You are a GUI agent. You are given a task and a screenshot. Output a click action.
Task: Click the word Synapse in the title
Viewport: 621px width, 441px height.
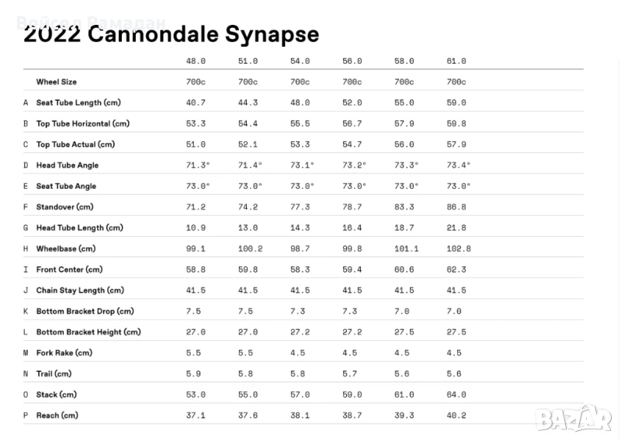[x=272, y=35]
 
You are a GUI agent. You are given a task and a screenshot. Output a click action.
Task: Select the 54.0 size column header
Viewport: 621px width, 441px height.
[x=300, y=61]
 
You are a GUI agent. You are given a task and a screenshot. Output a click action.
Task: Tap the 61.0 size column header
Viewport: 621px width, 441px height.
[x=456, y=61]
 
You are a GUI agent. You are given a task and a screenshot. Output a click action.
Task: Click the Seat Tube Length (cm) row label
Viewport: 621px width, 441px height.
[x=78, y=102]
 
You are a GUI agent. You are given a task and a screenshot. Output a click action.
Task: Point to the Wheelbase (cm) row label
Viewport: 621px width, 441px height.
[x=65, y=248]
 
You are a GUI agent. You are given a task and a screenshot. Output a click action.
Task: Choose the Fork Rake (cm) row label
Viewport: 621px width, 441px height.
[x=64, y=352]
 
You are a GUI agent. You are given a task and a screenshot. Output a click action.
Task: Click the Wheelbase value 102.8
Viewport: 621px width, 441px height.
[x=459, y=248]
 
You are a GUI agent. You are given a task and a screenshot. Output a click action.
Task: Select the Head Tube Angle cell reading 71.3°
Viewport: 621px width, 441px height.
[x=198, y=165]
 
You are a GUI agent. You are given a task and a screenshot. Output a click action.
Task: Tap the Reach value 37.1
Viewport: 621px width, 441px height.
[x=196, y=415]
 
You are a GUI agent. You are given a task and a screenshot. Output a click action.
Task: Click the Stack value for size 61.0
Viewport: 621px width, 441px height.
[x=456, y=394]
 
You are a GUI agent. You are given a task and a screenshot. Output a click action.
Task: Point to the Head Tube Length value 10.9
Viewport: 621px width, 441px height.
[x=196, y=227]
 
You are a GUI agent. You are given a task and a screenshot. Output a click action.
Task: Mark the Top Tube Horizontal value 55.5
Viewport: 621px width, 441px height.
[x=300, y=123]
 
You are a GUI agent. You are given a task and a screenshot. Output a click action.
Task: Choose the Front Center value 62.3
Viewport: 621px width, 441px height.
[x=456, y=269]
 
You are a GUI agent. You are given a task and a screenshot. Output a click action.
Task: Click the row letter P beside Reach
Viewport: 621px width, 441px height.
[x=26, y=415]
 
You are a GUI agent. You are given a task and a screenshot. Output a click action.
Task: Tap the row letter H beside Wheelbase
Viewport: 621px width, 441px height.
[x=26, y=248]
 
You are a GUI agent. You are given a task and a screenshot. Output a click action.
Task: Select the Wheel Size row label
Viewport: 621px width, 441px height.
[x=56, y=82]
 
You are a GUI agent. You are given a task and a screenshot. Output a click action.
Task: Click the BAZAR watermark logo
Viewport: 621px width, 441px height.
[x=573, y=419]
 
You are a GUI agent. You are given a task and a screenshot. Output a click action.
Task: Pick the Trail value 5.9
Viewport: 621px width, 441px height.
[x=193, y=373]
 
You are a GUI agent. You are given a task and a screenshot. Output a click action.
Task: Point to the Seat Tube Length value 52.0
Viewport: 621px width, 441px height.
[x=352, y=102]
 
